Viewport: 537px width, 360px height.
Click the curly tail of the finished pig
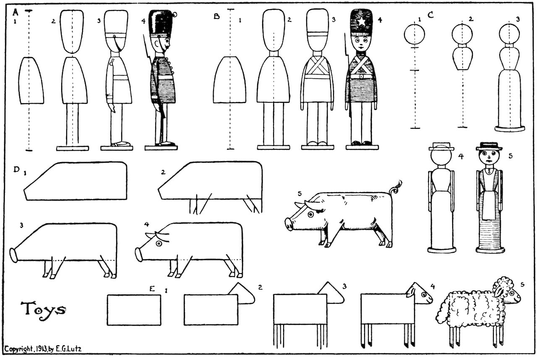[x=396, y=188]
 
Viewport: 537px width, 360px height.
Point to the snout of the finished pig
[x=289, y=224]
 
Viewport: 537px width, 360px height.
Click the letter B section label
[x=216, y=16]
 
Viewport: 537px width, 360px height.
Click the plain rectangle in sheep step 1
[x=134, y=310]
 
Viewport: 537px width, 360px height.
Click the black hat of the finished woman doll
[x=489, y=146]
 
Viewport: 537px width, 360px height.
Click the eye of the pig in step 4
[x=159, y=243]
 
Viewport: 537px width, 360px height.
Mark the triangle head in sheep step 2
[x=242, y=292]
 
